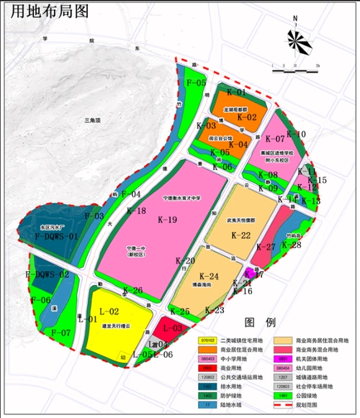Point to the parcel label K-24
click(x=208, y=276)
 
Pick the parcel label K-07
click(x=276, y=138)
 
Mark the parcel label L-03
click(x=172, y=328)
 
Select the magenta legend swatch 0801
click(x=283, y=358)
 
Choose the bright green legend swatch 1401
click(x=283, y=396)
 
